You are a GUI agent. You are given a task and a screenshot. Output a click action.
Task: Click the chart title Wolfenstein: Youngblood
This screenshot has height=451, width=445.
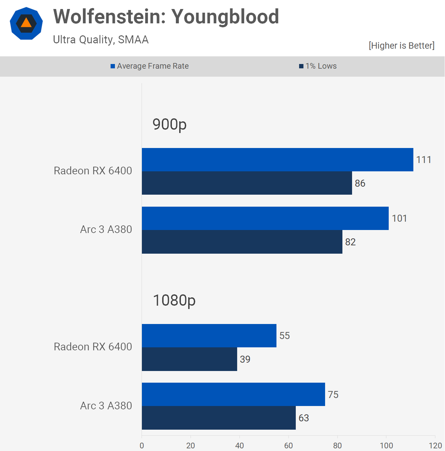pos(166,17)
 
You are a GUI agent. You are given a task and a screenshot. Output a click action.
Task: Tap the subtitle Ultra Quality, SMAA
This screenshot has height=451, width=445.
pos(101,40)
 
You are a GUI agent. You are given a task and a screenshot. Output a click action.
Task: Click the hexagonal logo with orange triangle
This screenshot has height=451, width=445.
pos(26,23)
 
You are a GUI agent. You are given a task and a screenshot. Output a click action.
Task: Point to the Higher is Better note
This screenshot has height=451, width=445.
pos(401,46)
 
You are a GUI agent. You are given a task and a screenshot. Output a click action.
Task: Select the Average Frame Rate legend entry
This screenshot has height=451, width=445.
pos(150,66)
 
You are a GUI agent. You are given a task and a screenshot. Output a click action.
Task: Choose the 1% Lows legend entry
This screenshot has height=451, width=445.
pos(318,66)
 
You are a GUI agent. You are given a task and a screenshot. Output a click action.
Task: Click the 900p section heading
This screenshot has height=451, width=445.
pos(169,124)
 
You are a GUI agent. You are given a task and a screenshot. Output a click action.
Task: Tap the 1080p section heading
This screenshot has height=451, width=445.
pos(174,300)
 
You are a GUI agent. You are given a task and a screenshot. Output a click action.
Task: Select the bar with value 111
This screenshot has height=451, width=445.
pos(277,160)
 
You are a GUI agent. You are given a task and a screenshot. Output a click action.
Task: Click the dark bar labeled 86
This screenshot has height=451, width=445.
pos(246,183)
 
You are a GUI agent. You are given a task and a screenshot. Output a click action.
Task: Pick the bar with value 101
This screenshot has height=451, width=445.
pos(265,218)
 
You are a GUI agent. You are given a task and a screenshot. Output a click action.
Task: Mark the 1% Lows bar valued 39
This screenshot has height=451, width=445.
pos(189,359)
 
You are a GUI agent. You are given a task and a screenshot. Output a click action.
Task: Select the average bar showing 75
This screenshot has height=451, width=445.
pos(233,394)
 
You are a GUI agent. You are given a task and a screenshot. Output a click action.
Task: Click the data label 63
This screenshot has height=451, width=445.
pos(304,418)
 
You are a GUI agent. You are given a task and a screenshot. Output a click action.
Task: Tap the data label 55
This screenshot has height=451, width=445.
pos(284,336)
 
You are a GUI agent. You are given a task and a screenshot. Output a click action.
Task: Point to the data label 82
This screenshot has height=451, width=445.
pos(350,242)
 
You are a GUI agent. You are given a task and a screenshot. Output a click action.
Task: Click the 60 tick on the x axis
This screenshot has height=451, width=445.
pos(288,445)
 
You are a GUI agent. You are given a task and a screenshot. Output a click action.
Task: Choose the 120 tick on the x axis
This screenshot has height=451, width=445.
pos(435,445)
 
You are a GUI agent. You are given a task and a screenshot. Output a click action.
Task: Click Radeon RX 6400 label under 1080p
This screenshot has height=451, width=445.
pos(93,347)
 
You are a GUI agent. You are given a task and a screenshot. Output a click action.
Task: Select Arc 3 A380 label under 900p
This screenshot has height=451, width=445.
pos(106,229)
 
